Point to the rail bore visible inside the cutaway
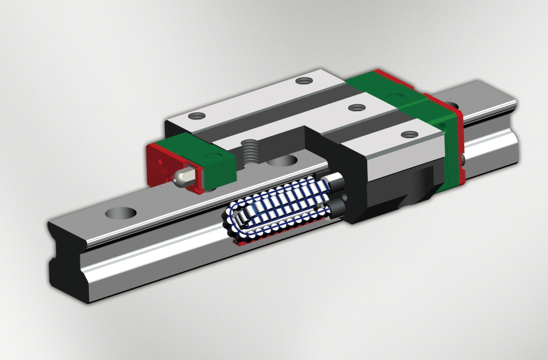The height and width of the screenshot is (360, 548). coord(282,161)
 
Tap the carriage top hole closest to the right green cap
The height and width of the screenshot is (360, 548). coord(410,134)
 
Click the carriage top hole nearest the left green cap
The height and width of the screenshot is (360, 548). coord(197,116)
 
